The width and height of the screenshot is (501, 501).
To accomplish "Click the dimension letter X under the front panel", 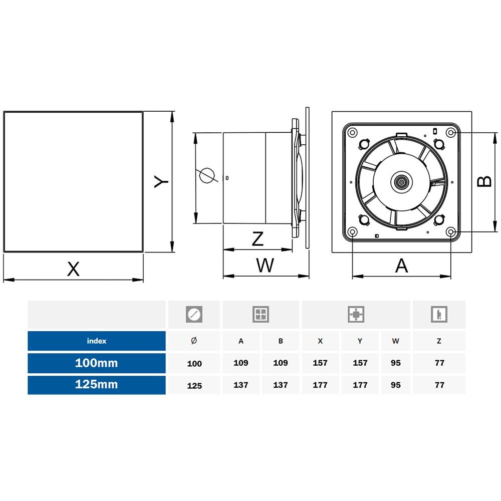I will click(73, 269).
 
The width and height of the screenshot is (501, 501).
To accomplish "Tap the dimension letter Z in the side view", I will click(258, 238).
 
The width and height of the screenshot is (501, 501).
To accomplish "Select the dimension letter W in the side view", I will click(265, 265).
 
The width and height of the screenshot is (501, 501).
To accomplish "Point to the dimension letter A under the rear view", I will click(402, 266).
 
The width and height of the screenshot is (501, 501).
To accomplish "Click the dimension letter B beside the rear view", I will click(484, 181).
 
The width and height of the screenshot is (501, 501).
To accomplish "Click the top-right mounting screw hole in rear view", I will click(451, 132).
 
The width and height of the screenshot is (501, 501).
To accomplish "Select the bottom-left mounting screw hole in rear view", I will click(352, 232).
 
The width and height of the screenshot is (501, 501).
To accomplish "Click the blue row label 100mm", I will click(96, 363).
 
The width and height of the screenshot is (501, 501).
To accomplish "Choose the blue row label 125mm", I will click(96, 385).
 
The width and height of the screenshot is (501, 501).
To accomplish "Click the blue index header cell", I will click(96, 341).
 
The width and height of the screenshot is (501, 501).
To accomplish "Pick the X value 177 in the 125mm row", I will click(320, 385).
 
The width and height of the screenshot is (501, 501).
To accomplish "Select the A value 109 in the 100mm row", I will click(241, 363).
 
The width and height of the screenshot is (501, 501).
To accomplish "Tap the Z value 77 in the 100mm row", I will click(439, 363).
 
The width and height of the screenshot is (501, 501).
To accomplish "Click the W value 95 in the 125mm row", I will click(396, 385).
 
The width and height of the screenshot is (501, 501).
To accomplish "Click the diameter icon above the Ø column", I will click(194, 315).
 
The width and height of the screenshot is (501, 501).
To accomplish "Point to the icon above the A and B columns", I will click(261, 315).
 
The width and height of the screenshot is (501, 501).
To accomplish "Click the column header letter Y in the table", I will click(360, 341).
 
